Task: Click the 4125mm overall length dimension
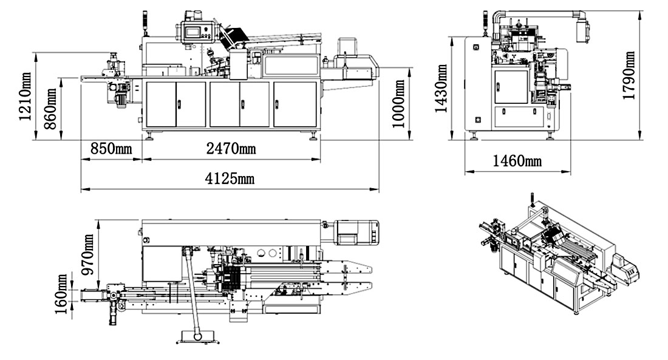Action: tap(230, 179)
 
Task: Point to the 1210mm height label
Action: tap(25, 97)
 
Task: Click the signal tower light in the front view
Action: tap(143, 21)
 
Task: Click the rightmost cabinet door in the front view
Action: tap(295, 104)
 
